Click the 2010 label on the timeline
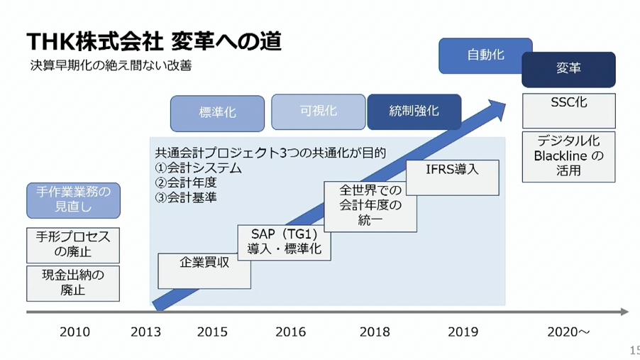click(x=75, y=332)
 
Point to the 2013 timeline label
click(x=145, y=332)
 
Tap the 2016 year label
click(x=291, y=332)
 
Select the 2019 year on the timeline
click(x=463, y=332)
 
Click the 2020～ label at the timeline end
click(x=568, y=332)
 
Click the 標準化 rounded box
click(x=217, y=114)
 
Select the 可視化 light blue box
click(x=319, y=112)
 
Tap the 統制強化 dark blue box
click(x=414, y=112)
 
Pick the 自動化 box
click(x=485, y=56)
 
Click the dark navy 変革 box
click(x=568, y=70)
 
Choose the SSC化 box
click(x=569, y=111)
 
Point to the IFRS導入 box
click(x=452, y=178)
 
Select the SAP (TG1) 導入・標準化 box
click(x=284, y=242)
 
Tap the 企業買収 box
click(x=204, y=271)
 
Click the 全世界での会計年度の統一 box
click(x=370, y=207)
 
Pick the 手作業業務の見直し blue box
click(x=74, y=200)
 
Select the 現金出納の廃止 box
click(x=73, y=283)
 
